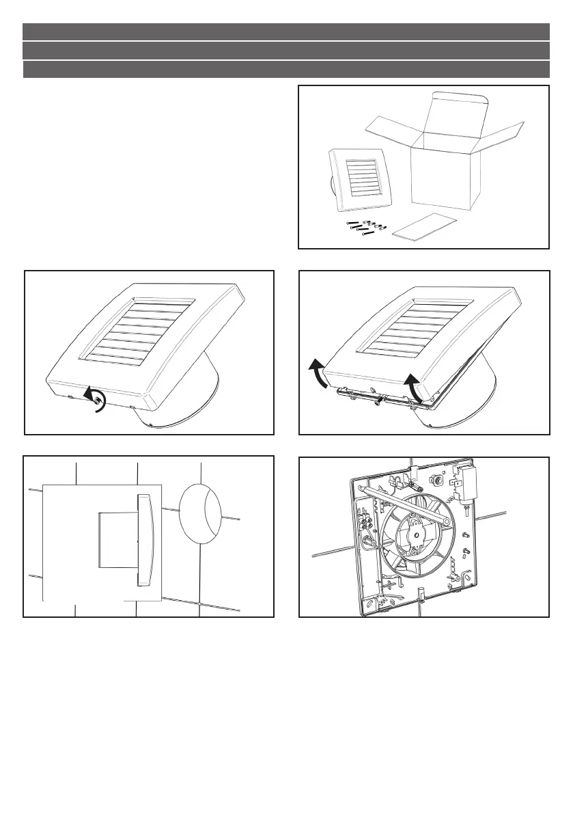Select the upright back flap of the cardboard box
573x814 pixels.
(x=456, y=116)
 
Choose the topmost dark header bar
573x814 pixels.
(x=286, y=31)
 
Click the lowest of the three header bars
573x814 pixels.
(x=286, y=70)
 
